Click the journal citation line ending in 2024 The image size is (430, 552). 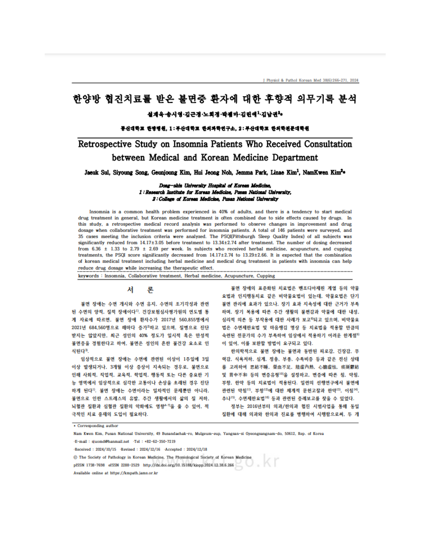(x=311, y=80)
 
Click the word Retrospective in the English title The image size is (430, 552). (x=105, y=144)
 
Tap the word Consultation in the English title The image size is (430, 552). (x=328, y=144)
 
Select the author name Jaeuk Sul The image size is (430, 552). (x=97, y=172)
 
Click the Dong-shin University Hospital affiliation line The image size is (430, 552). (x=215, y=186)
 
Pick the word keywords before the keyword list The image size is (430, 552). (x=88, y=276)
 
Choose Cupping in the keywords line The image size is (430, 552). (x=266, y=276)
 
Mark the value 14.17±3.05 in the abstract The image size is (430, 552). (x=152, y=243)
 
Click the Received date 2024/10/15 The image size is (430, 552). (x=106, y=449)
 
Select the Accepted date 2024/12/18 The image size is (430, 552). (x=196, y=449)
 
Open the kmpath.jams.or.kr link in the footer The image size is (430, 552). (x=134, y=473)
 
